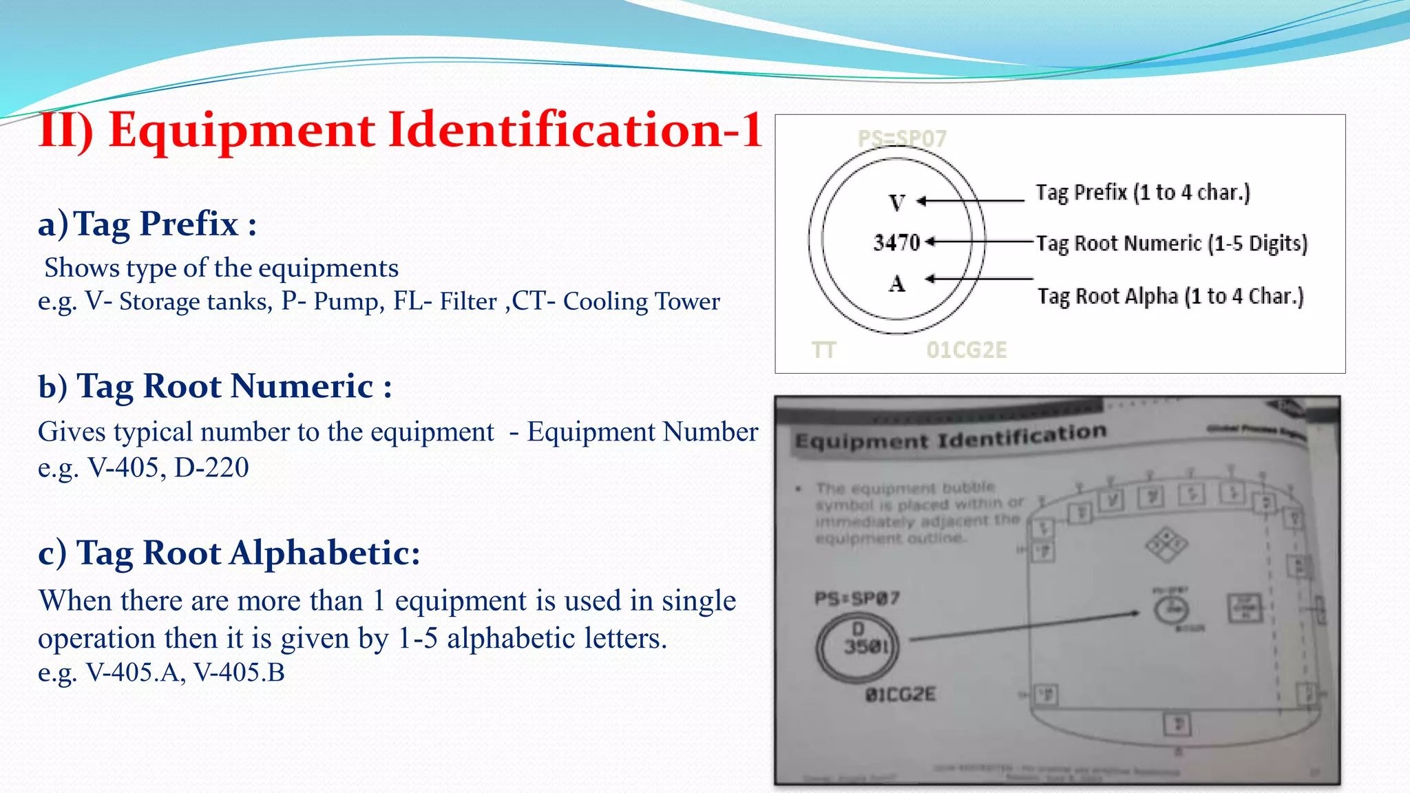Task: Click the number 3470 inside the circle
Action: (896, 242)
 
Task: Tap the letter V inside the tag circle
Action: (896, 203)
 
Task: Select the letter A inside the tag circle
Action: (896, 283)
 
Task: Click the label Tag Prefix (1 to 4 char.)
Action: (1143, 192)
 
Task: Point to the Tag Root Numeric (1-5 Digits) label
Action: (1172, 243)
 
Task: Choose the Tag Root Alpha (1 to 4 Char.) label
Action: (1170, 296)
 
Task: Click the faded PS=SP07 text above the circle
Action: (902, 138)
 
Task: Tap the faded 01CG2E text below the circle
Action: (966, 350)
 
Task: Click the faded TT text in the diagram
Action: (823, 350)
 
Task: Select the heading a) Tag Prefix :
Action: (147, 224)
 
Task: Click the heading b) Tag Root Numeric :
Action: (215, 385)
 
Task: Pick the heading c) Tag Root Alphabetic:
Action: (229, 553)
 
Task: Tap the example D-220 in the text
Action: (211, 467)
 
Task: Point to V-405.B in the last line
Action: (239, 672)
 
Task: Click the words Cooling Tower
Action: (641, 302)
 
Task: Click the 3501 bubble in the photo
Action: (858, 646)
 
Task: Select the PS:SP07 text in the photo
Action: (857, 598)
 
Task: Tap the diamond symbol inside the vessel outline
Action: (1166, 544)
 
